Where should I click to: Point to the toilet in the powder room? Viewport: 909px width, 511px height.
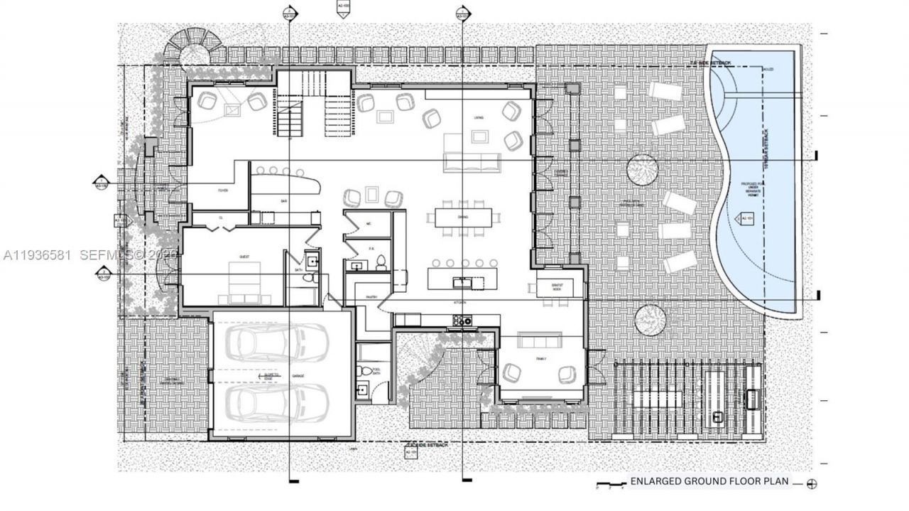[380, 262]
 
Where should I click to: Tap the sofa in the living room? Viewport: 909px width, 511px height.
[471, 163]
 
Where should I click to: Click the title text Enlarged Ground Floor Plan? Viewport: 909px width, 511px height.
[709, 481]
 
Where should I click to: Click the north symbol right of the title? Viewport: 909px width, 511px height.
[812, 484]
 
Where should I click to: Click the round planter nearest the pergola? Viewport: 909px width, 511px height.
[650, 320]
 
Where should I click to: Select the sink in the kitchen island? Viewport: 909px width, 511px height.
[462, 281]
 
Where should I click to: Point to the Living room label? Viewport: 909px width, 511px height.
[478, 118]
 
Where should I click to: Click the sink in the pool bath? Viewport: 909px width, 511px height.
[363, 389]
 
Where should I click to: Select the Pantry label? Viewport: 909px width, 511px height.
[370, 297]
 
